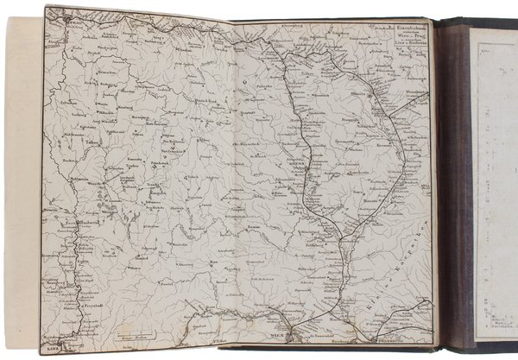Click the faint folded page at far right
(x=495, y=181)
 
